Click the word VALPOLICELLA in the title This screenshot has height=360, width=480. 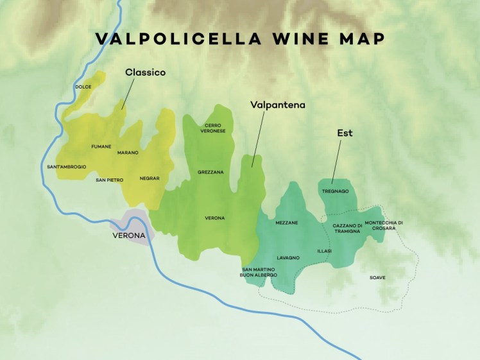(178, 39)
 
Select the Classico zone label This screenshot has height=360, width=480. (145, 73)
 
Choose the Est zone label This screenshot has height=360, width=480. (345, 133)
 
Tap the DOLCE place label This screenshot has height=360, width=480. (83, 87)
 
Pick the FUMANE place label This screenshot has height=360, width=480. (101, 146)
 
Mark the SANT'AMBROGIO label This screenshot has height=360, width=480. (67, 167)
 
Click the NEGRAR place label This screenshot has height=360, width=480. (149, 178)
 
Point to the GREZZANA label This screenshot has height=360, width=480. (210, 172)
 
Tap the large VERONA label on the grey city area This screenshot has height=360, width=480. (128, 236)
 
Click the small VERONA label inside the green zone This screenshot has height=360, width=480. (214, 218)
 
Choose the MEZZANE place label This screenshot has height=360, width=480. (286, 223)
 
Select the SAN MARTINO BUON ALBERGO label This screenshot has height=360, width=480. (259, 272)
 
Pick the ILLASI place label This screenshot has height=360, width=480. (324, 251)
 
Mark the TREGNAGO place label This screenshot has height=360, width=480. (335, 191)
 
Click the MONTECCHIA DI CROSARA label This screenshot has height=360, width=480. (384, 226)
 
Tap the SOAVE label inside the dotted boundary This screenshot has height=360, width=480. (377, 277)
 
